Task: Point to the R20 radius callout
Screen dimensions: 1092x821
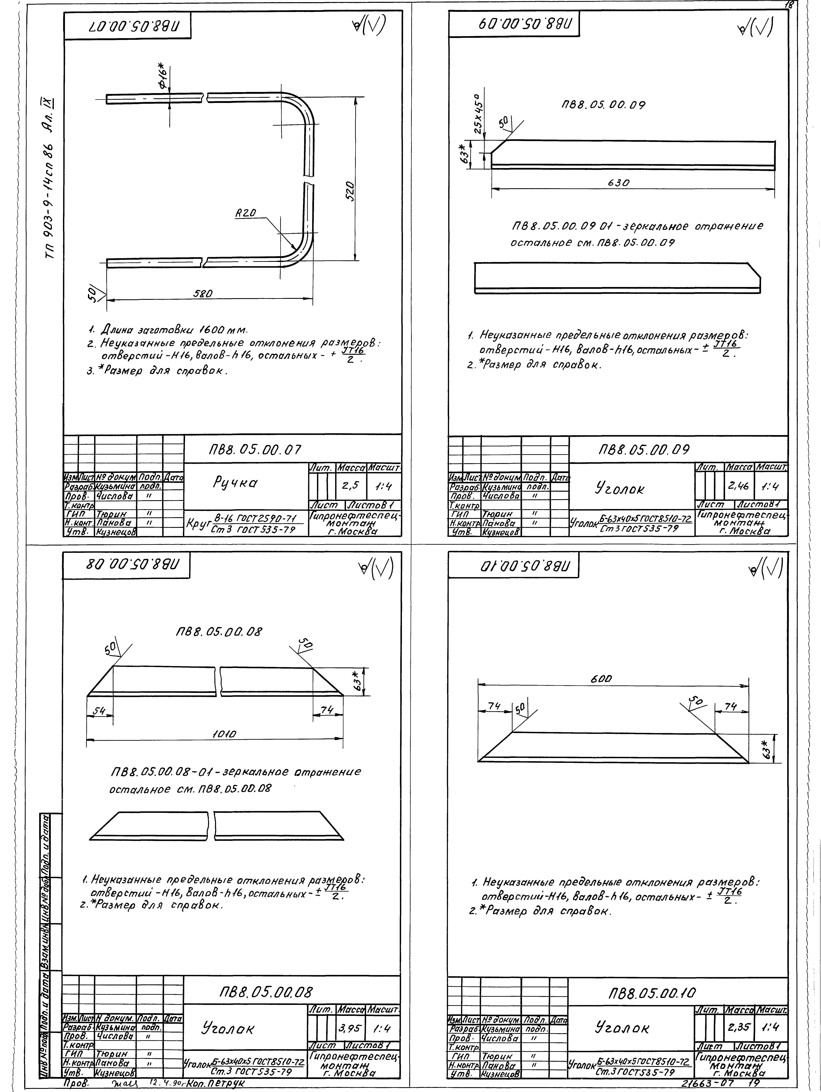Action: click(245, 213)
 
